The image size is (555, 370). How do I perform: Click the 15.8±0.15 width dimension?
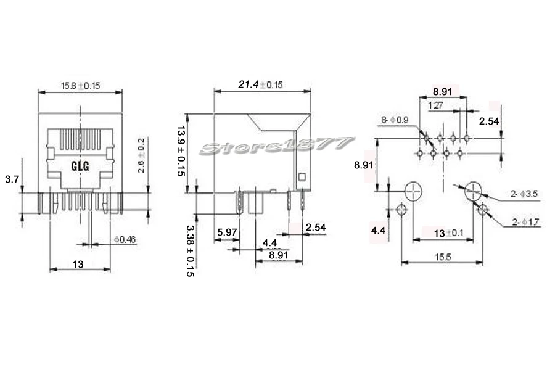coord(80,86)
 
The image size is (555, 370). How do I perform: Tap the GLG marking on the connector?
coord(81,166)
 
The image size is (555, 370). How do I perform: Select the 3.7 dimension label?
coord(10,179)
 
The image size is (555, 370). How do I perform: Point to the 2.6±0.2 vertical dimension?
coord(141,156)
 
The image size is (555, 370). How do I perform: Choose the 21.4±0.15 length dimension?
coord(260,85)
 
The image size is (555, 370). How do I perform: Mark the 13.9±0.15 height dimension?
coord(181,150)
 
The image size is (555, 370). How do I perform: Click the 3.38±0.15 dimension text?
coord(189,250)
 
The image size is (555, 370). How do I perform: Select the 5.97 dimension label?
coord(227,232)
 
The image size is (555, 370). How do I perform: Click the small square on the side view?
coord(302,178)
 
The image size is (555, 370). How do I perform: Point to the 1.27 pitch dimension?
coord(436,105)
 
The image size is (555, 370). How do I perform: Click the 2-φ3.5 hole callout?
coord(524,194)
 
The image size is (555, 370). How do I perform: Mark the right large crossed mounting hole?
coord(474,191)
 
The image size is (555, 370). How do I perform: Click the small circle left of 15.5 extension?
coord(401,211)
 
